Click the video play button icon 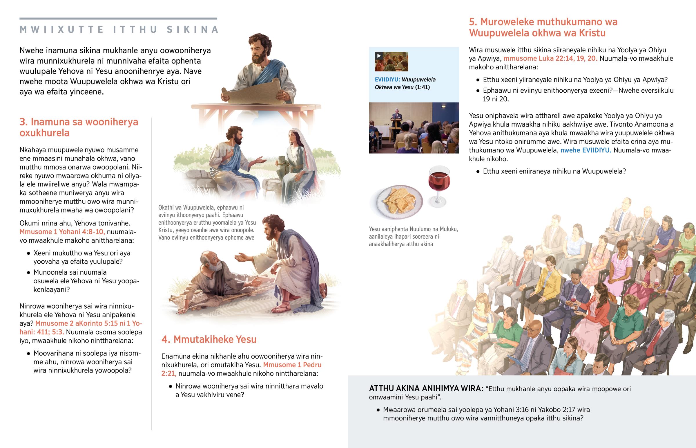[x=379, y=56]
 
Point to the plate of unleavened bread [x=400, y=201]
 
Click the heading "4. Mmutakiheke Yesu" [x=209, y=339]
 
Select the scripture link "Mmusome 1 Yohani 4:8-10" [x=62, y=232]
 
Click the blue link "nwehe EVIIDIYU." [x=586, y=150]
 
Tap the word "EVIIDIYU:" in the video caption [x=387, y=80]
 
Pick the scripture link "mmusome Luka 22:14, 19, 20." [x=550, y=58]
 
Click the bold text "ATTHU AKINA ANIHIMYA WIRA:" [x=426, y=389]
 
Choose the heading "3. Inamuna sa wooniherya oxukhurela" [x=79, y=127]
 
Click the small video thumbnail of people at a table [x=391, y=62]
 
